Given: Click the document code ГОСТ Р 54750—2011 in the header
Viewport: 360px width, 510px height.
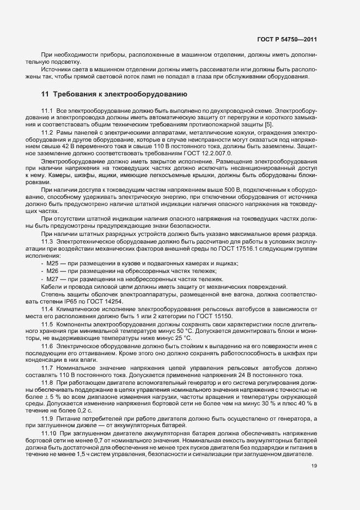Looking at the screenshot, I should [294, 39].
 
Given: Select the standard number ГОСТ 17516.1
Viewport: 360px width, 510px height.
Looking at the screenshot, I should [264, 248].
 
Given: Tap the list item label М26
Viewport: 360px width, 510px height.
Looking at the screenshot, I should [54, 271].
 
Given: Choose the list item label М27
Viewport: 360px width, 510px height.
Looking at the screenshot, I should [54, 279].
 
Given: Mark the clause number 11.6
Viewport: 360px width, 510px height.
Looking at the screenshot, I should [47, 346].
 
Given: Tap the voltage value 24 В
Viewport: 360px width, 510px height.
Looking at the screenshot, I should [225, 375].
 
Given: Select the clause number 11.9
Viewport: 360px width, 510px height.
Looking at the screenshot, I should [47, 418].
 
